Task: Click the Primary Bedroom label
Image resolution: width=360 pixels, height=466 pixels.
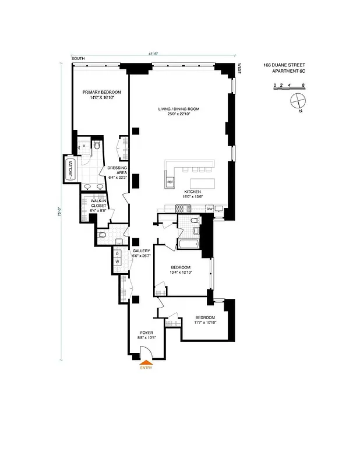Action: (x=101, y=95)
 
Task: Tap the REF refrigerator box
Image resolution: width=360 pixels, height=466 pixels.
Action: (x=170, y=182)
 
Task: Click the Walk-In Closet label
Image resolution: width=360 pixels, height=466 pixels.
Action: (x=98, y=203)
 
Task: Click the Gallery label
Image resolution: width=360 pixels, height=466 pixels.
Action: (x=141, y=252)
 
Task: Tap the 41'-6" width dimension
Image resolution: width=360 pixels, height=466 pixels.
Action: (x=154, y=54)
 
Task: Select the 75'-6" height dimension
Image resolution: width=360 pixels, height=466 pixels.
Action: (x=60, y=213)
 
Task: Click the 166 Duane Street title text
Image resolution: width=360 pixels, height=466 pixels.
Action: (x=284, y=65)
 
